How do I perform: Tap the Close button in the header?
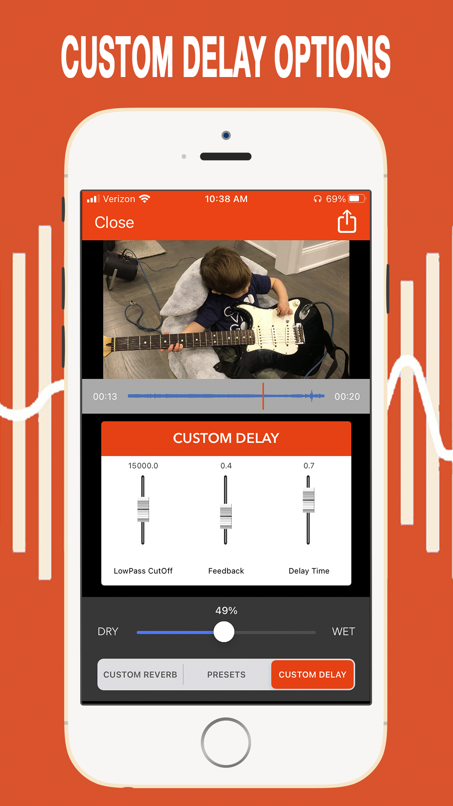114,222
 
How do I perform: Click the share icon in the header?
347,221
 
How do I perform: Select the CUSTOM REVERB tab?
140,675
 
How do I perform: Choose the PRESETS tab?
226,675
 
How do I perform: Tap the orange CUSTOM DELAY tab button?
313,675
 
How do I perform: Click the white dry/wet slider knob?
224,632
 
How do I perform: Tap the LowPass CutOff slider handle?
143,509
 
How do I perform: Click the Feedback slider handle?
226,516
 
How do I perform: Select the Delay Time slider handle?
309,500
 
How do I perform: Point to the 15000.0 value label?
143,466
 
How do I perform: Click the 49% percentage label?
226,610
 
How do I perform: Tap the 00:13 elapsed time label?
105,396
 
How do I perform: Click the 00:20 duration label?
347,396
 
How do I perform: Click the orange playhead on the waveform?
263,396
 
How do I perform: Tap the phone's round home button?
226,742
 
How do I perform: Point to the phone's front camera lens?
226,135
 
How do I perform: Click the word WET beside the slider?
344,632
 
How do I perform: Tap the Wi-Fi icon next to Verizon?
145,199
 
